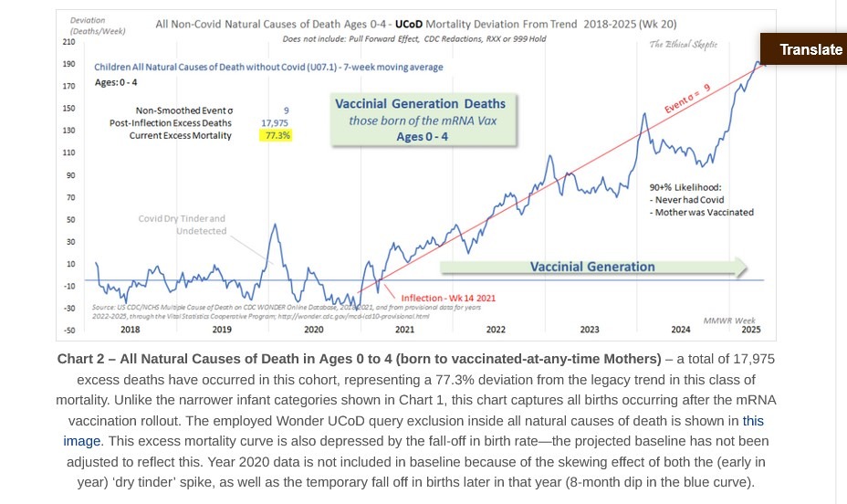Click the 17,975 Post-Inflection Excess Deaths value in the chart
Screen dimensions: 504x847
275,122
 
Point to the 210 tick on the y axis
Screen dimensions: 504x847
69,42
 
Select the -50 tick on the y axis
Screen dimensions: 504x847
69,331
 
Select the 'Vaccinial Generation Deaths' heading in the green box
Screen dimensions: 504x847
420,103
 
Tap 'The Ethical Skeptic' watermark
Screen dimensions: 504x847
682,45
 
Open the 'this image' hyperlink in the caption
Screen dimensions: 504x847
754,421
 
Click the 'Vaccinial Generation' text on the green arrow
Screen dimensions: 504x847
592,267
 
